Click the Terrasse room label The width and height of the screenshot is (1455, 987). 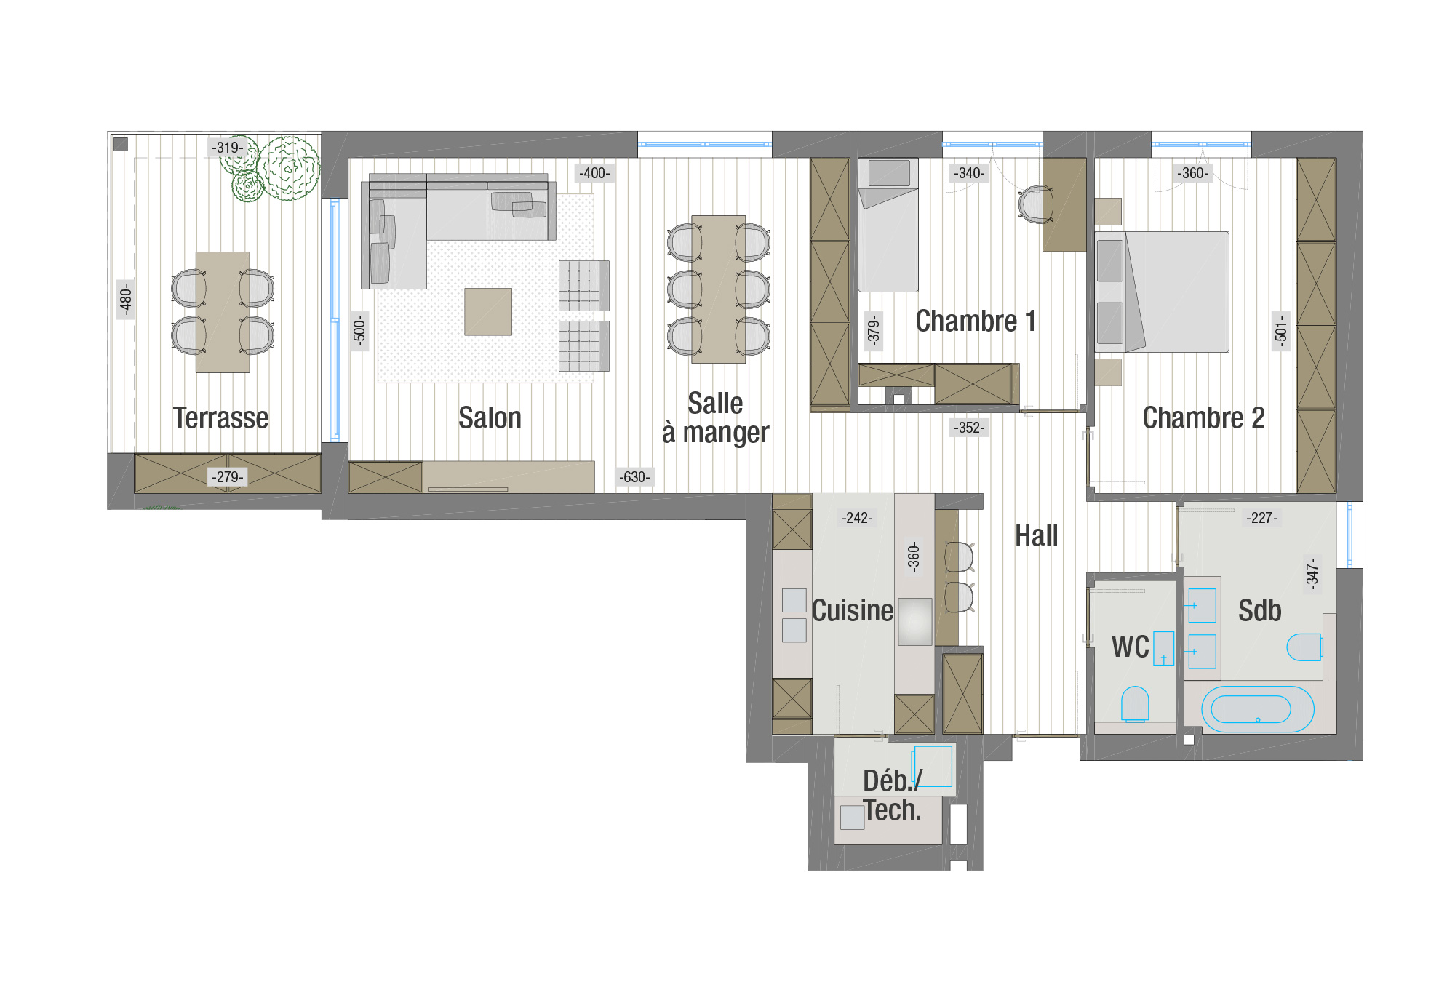pos(220,418)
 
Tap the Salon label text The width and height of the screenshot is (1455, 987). pos(490,418)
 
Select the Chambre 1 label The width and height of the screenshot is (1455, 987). pos(976,321)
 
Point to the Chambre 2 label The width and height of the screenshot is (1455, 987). pos(1203,418)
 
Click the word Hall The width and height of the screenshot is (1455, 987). pos(1036,536)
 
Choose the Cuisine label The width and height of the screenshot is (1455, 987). pos(852,611)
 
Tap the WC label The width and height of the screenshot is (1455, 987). pos(1130,647)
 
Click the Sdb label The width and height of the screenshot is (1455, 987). pos(1259,611)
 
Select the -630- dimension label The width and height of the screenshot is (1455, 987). pos(634,477)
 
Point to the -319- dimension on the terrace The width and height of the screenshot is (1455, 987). pos(228,148)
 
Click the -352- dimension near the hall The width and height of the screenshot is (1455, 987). pos(969,428)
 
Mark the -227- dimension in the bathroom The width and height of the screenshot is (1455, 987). pos(1261,518)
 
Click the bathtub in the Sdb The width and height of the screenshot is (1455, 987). pos(1257,709)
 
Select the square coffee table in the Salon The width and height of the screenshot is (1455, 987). pos(488,312)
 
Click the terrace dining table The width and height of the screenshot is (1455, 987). pos(223,312)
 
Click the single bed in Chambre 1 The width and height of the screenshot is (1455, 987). pos(888,225)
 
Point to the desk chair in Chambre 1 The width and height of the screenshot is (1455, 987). pos(1036,204)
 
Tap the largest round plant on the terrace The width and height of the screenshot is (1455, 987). pos(289,168)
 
